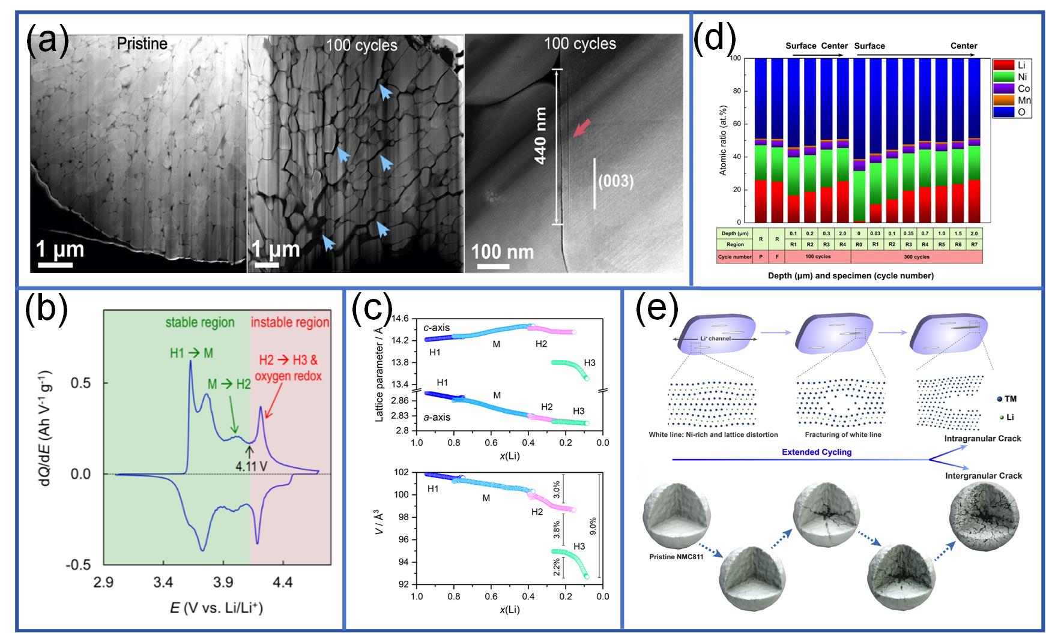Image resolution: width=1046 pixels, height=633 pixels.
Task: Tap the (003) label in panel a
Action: pos(616,181)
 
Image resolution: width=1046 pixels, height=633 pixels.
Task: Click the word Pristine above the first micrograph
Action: pos(142,44)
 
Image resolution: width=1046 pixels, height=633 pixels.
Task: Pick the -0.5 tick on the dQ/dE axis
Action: pos(83,565)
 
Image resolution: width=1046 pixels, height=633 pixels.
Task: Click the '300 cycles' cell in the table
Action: pos(916,257)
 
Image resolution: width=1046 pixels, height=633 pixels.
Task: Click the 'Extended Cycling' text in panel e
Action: pos(817,452)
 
